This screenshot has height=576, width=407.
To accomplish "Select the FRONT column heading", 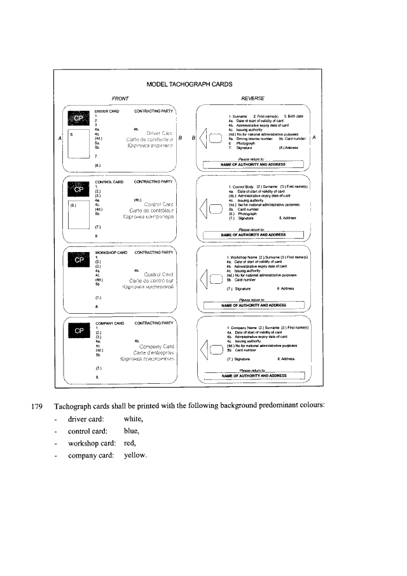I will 120,99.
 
